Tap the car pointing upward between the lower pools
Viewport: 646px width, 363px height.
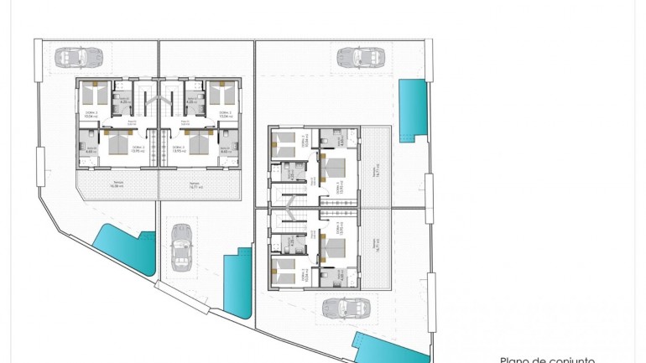tap(180, 247)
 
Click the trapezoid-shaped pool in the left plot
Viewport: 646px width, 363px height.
tap(124, 251)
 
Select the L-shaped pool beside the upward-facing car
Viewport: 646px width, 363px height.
tap(238, 281)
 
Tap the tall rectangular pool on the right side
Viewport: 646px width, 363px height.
tap(411, 110)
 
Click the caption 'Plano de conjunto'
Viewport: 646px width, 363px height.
tap(547, 359)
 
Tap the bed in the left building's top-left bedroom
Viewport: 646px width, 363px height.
tap(93, 86)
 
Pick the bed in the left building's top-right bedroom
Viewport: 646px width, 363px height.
tap(221, 86)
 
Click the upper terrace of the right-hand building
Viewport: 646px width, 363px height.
tap(378, 165)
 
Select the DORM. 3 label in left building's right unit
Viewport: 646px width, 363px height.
tap(178, 147)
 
